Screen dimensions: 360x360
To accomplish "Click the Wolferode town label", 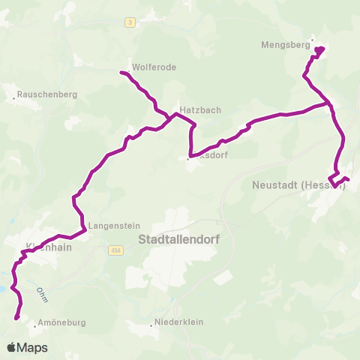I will pyautogui.click(x=154, y=67).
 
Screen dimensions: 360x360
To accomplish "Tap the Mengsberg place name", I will pyautogui.click(x=285, y=44).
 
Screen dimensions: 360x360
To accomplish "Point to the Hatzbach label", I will pyautogui.click(x=199, y=109).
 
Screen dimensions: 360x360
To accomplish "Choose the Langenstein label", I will pyautogui.click(x=111, y=224).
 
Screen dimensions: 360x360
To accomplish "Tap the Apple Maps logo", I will pyautogui.click(x=27, y=348).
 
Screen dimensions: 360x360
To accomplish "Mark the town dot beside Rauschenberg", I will pyautogui.click(x=15, y=97).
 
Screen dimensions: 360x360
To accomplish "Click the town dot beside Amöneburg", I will pyautogui.click(x=34, y=325).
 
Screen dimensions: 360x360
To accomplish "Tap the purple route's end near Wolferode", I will pyautogui.click(x=121, y=72).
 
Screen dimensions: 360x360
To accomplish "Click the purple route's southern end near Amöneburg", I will pyautogui.click(x=16, y=318).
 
